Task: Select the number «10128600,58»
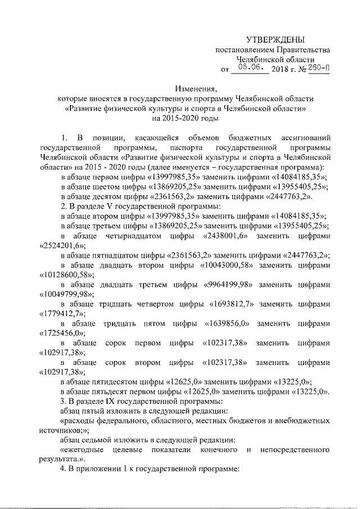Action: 67,275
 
